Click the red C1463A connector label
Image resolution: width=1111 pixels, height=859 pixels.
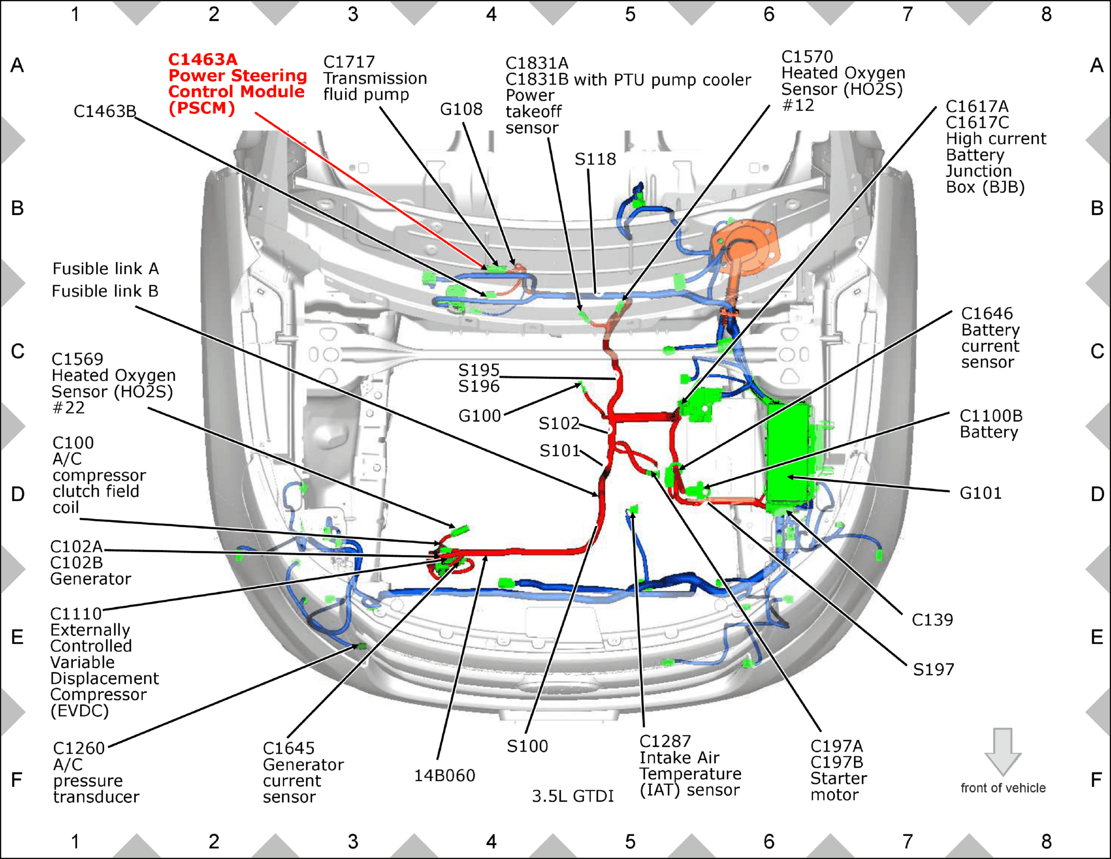[203, 59]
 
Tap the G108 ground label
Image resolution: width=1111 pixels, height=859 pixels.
[461, 109]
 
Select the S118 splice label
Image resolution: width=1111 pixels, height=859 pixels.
[595, 159]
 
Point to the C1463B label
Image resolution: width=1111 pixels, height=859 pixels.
[105, 111]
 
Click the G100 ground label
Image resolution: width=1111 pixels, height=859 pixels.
[479, 416]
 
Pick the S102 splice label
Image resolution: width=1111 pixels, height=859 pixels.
[559, 423]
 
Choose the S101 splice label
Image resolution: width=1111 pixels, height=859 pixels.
[560, 450]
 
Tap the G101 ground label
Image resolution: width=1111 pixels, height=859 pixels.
[981, 493]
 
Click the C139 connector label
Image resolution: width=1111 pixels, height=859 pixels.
[932, 620]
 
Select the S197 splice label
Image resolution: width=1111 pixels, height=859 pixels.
[934, 669]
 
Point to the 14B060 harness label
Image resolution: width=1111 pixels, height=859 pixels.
[444, 776]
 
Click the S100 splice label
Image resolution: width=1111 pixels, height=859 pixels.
[527, 746]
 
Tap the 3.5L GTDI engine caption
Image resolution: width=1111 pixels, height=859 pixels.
[573, 796]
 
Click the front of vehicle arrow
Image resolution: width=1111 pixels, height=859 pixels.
[1003, 752]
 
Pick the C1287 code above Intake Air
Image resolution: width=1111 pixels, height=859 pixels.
[665, 741]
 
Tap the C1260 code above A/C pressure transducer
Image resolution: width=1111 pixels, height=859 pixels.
[79, 748]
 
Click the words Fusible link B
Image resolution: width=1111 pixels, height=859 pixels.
[105, 291]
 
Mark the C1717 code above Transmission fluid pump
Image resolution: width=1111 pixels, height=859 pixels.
[349, 62]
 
